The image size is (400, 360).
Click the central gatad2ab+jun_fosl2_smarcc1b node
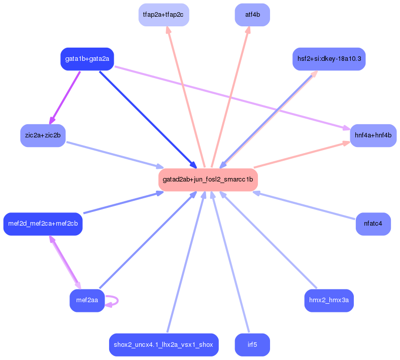(208, 179)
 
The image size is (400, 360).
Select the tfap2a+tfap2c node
(163, 15)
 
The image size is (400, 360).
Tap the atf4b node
(252, 15)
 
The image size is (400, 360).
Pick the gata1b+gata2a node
(87, 59)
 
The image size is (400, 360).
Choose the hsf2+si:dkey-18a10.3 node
(329, 59)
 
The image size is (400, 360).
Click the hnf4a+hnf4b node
(373, 135)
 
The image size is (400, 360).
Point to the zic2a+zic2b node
(43, 135)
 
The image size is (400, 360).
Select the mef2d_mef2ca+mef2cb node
(43, 224)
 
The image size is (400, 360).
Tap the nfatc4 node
(373, 223)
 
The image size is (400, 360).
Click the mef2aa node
(87, 301)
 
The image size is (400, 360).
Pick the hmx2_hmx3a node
(329, 301)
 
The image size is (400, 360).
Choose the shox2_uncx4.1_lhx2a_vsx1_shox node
(163, 345)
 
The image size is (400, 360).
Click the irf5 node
(252, 345)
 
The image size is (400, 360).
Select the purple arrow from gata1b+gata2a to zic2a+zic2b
(65, 97)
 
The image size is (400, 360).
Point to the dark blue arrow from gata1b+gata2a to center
(147, 119)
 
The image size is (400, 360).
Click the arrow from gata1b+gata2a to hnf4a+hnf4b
(231, 97)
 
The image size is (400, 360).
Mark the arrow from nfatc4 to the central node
(305, 206)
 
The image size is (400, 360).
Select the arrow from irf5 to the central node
(231, 261)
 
